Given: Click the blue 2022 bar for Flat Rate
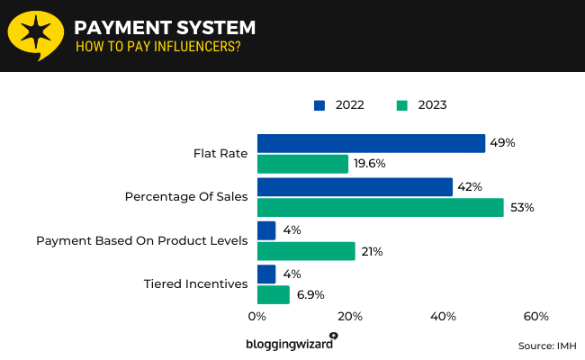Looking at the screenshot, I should coord(371,143).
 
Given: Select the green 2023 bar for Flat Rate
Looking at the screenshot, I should coord(302,164).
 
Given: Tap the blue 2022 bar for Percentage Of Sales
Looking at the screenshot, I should coord(355,186).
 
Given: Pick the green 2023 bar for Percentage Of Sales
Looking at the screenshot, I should coord(380,208).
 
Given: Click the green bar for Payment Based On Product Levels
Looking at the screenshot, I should coord(306,251).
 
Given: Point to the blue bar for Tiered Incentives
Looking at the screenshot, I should coord(266,274).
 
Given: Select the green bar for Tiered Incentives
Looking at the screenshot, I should coord(274,294).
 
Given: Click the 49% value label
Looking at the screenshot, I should coord(502,143).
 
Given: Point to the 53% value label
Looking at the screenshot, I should coord(522,208).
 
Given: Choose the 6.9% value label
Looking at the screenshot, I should coord(310,294).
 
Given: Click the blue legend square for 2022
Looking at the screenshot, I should coord(319,105).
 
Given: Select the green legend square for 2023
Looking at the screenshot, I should coord(401,105).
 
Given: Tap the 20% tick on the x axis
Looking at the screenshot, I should coord(350,317).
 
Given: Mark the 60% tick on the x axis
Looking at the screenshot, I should coord(535,317).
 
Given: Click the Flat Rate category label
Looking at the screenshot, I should coord(220,153).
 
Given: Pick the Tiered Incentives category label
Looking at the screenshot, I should coord(195,284).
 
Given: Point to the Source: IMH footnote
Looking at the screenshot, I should coord(546,346).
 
